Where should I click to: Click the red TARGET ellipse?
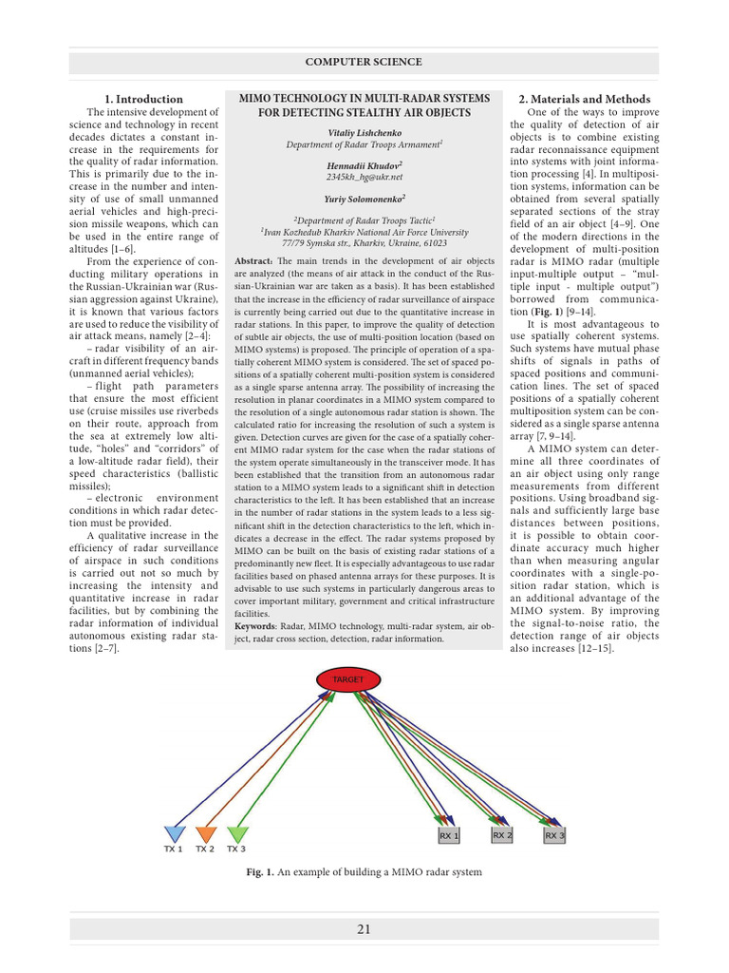341,680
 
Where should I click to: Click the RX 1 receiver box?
449,836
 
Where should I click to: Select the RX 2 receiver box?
502,835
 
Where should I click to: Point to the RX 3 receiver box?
554,836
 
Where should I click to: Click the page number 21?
364,929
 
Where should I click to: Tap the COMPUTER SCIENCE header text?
364,62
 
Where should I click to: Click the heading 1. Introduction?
143,99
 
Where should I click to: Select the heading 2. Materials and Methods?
584,99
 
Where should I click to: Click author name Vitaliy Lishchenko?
364,132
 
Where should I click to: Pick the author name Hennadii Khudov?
364,164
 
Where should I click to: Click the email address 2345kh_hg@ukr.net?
364,177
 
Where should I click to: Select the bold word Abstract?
252,260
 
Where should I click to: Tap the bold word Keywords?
255,626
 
